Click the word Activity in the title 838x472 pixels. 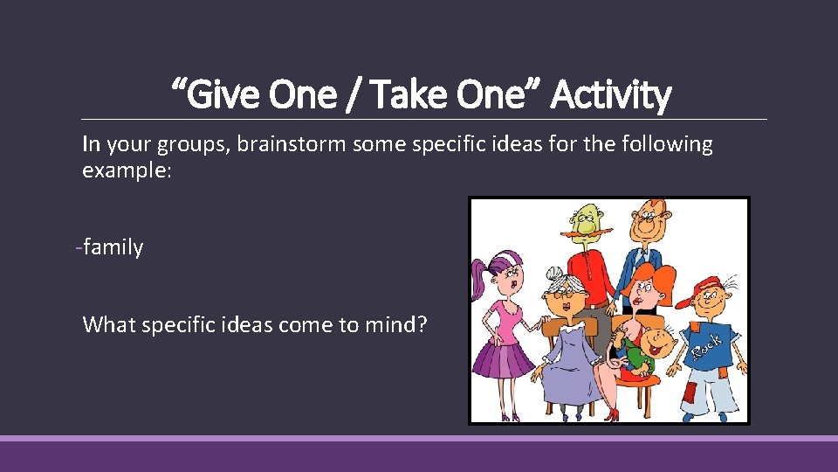[x=612, y=95]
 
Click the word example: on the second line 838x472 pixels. [x=127, y=170]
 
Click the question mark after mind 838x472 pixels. [x=422, y=325]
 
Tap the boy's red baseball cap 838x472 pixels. [x=703, y=288]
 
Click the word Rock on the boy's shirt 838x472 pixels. [x=705, y=346]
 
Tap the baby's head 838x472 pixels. [x=664, y=340]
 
